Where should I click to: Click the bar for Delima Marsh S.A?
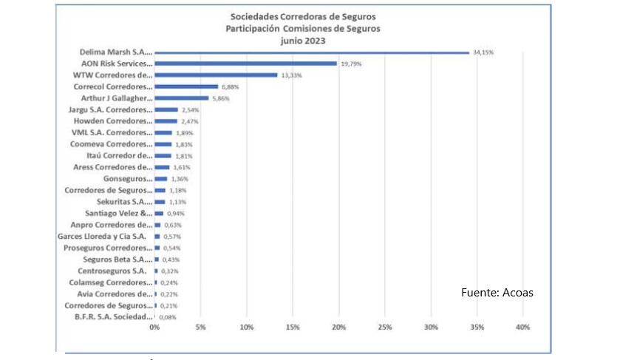pos(310,52)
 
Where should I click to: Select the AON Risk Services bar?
pos(245,64)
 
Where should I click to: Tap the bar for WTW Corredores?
pos(216,75)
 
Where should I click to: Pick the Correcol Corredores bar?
pos(186,86)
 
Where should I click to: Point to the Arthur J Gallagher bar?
pos(181,98)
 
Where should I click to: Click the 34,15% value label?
pos(482,52)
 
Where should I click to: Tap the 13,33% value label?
pos(290,75)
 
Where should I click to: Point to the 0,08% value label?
pos(168,316)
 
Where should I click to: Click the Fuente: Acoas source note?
pos(497,293)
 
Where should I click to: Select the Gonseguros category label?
pos(127,178)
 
